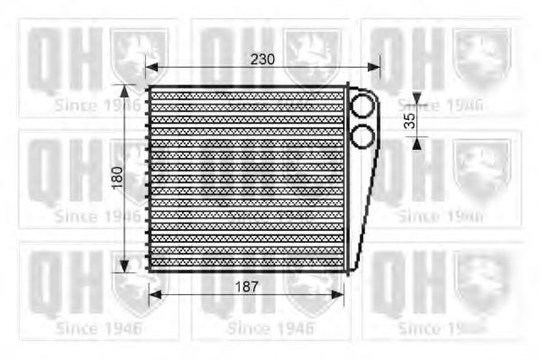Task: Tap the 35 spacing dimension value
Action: tap(411, 121)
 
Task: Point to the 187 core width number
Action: tap(246, 286)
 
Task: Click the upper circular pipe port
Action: tap(362, 106)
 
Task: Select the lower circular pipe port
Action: tap(362, 137)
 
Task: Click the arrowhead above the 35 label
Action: tap(416, 101)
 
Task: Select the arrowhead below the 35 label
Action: tap(416, 142)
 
